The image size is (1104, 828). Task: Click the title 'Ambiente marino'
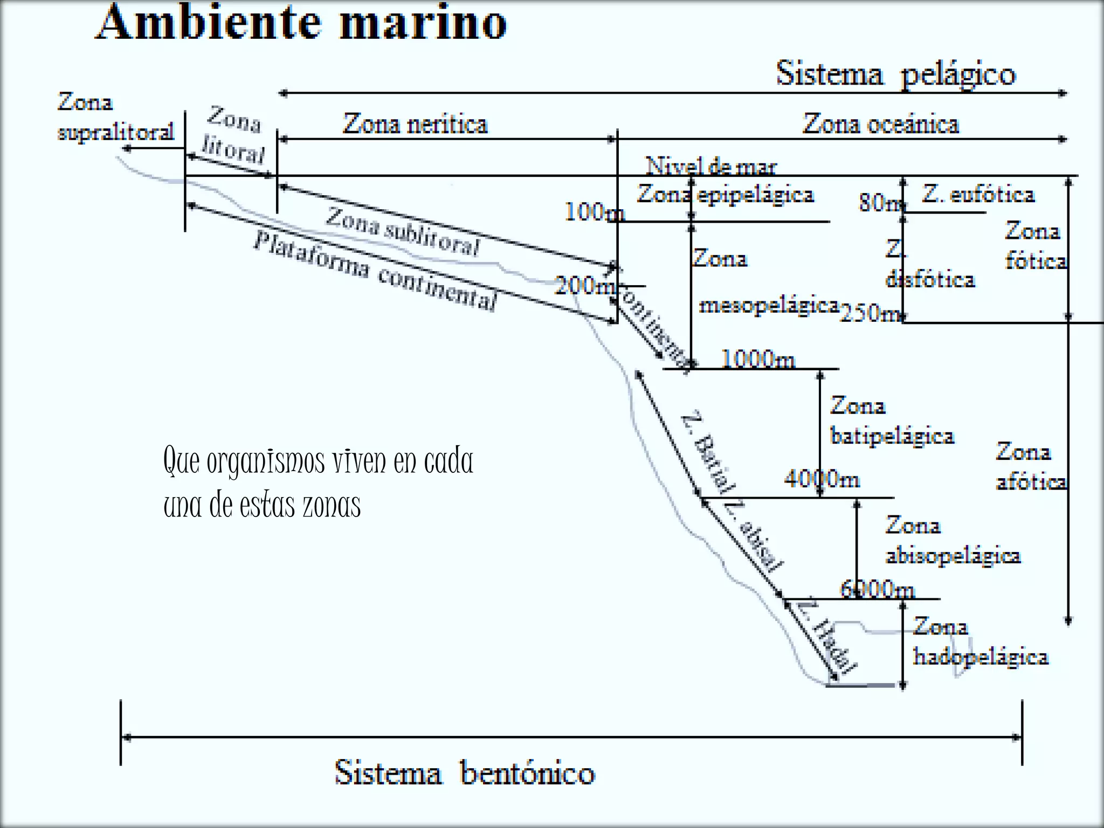302,23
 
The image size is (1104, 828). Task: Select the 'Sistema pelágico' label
895,74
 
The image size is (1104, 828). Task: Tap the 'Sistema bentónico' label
465,772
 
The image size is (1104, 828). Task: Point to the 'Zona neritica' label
415,124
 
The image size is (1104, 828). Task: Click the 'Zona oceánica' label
881,124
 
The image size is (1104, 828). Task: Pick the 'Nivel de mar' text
711,166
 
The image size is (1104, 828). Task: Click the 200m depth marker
584,285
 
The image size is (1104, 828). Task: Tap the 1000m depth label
758,358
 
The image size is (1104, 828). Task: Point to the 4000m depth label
822,479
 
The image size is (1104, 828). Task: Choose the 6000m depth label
878,589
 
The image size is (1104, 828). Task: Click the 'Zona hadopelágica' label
980,641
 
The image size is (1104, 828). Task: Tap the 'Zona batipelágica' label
892,420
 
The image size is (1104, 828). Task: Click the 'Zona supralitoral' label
115,116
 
